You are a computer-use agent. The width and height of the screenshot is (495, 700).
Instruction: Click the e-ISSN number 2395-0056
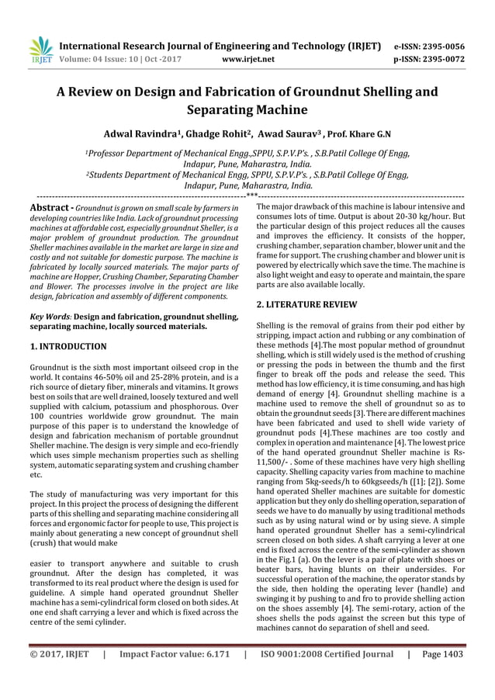[x=443, y=46]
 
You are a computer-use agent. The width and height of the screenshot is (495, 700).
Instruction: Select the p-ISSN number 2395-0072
[x=443, y=57]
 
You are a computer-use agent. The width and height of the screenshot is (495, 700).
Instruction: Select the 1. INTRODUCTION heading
[x=67, y=346]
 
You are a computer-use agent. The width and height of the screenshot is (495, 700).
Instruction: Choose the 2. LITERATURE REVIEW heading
[x=306, y=305]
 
